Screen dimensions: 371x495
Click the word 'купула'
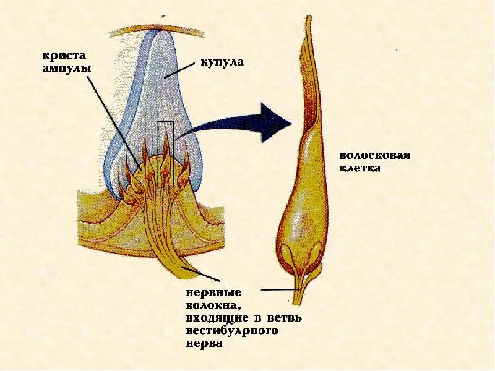(x=222, y=62)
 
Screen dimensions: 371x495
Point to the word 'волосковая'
(x=375, y=155)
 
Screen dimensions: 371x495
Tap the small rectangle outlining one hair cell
(x=165, y=155)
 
